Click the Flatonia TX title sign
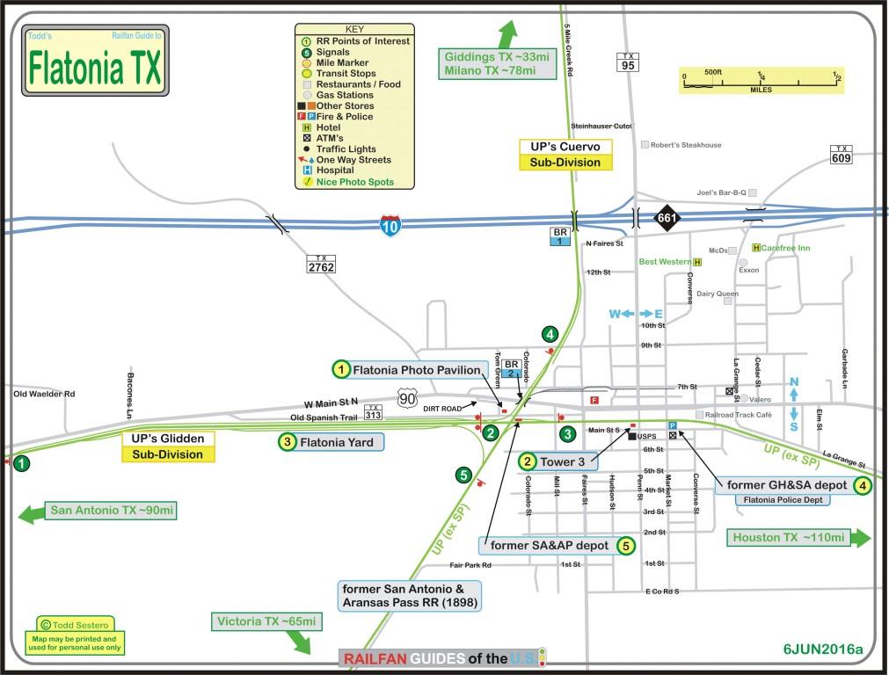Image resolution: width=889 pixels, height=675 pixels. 95,61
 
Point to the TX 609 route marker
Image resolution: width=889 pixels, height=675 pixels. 842,155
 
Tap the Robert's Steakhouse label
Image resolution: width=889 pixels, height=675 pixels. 686,145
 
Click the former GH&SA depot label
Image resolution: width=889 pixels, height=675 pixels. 786,484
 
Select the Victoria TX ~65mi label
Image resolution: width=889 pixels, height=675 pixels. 266,622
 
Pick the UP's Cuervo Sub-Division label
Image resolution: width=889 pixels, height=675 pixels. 565,154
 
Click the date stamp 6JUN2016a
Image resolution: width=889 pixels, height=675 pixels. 823,650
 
